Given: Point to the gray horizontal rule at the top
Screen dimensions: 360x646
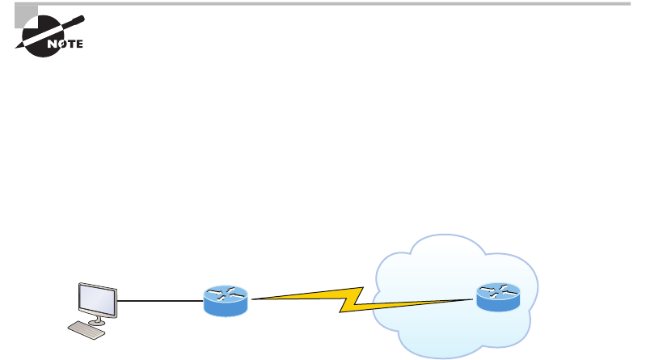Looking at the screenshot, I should [x=323, y=3].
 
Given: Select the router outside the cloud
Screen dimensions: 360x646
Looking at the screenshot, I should [x=226, y=301].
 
